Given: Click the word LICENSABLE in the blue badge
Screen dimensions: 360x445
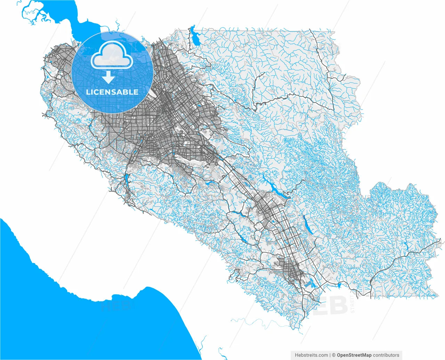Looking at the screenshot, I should pyautogui.click(x=112, y=92).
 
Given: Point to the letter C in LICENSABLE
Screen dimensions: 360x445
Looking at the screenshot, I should pyautogui.click(x=96, y=92).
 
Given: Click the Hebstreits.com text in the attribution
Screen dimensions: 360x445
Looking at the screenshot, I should pyautogui.click(x=311, y=355).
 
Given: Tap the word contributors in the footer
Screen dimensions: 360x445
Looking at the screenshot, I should pyautogui.click(x=386, y=355).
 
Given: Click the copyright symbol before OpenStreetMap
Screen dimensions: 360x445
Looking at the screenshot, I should pyautogui.click(x=334, y=355).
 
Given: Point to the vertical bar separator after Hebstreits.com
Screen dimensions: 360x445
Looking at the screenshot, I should pyautogui.click(x=330, y=355).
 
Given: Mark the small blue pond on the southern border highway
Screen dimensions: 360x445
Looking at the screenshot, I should pyautogui.click(x=339, y=286).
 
